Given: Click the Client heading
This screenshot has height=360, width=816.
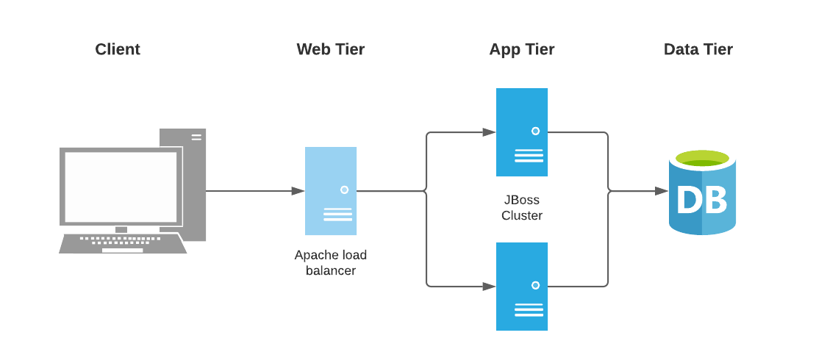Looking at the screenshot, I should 118,49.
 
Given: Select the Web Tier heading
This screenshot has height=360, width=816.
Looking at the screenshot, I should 330,49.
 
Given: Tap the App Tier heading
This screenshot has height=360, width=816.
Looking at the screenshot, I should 521,49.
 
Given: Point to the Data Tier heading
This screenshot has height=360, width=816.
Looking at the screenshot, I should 698,49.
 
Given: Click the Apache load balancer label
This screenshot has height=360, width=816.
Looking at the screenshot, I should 330,263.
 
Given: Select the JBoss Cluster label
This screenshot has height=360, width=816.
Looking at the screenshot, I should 521,208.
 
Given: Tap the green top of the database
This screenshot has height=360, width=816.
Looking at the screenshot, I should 702,158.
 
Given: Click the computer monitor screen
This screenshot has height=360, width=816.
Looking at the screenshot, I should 121,187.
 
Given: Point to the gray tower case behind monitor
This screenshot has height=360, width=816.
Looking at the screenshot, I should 193,184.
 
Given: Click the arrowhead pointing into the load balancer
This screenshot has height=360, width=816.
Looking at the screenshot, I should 298,191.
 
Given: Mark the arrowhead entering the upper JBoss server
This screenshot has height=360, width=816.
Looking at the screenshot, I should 489,132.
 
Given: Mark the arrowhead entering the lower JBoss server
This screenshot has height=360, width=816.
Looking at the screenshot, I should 489,287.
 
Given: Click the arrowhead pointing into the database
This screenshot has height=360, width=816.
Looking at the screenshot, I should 662,191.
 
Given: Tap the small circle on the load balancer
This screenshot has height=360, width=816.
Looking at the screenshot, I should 344,190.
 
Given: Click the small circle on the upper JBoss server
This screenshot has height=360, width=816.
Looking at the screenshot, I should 535,131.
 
